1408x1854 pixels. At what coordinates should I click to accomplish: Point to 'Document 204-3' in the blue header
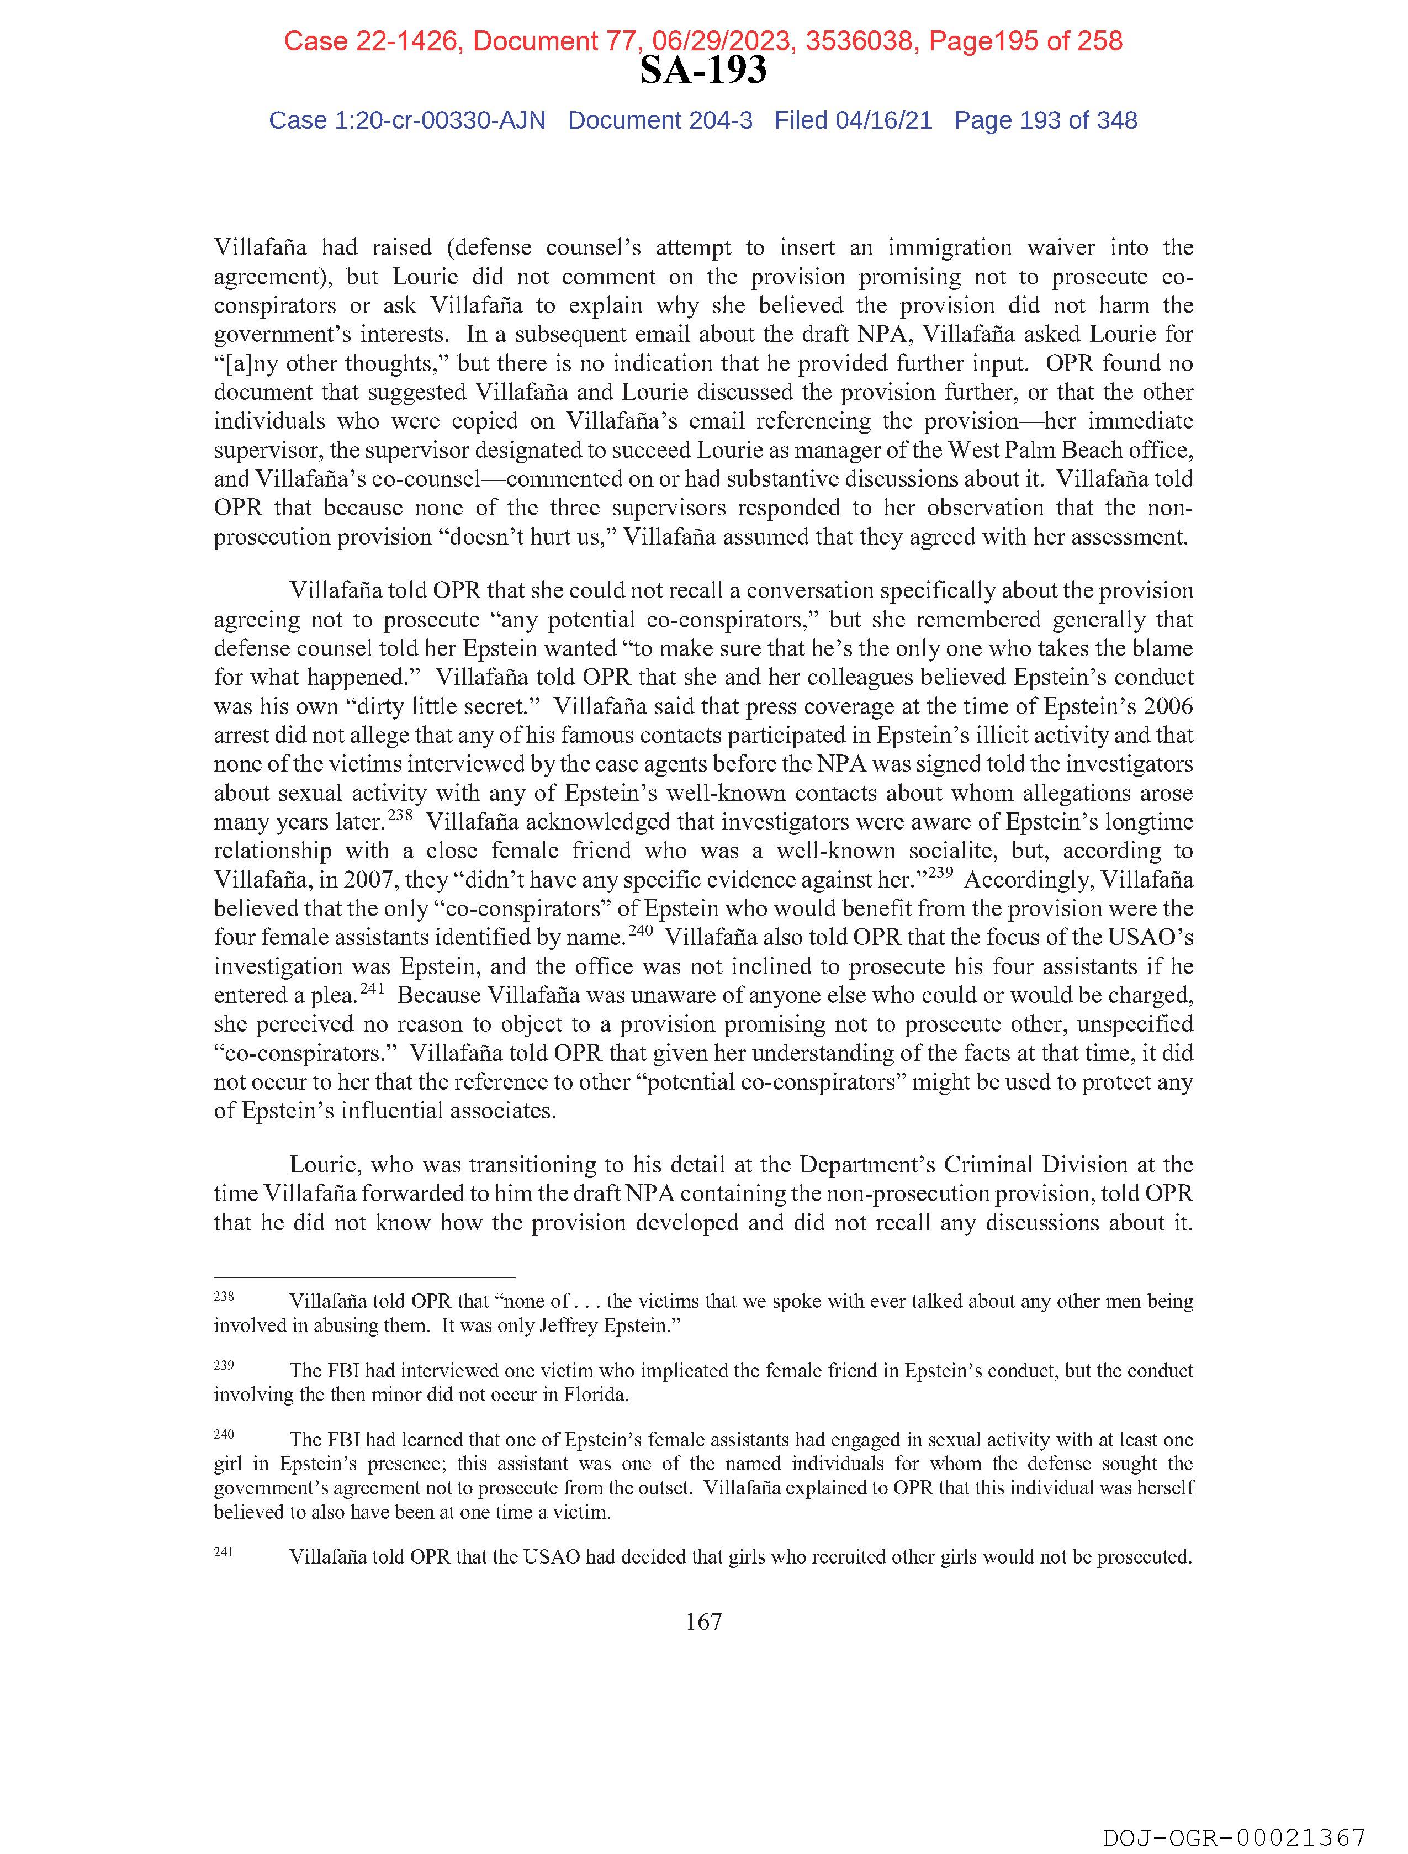[x=660, y=121]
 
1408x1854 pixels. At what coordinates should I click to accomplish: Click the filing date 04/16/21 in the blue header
[x=883, y=121]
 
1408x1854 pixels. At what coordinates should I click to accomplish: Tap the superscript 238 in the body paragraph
[x=401, y=814]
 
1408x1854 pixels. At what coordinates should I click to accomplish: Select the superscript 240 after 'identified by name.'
[x=641, y=929]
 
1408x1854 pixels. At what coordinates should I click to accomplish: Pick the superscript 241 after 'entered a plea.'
[x=372, y=987]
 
